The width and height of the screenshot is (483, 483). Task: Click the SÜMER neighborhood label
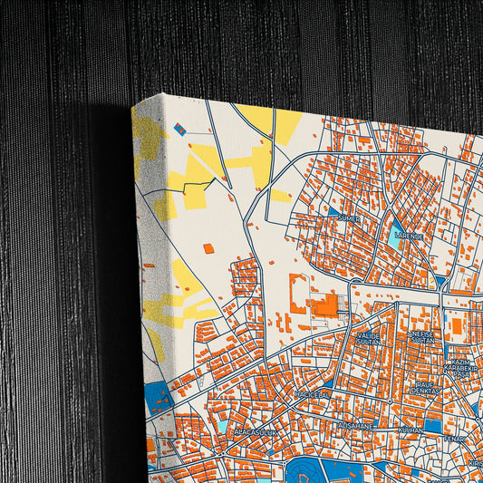click(349, 217)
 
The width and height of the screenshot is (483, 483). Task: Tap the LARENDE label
click(409, 236)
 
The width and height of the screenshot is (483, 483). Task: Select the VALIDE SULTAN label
click(369, 339)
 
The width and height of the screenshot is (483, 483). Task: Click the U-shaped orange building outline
click(296, 294)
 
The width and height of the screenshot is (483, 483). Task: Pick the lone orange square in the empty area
click(208, 248)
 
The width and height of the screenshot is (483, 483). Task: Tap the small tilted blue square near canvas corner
click(179, 129)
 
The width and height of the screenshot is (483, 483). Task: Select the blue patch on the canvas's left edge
click(159, 396)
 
